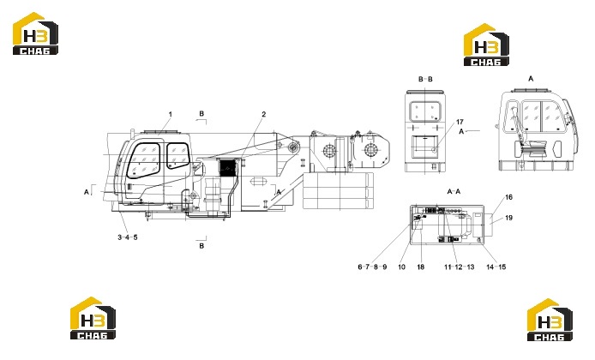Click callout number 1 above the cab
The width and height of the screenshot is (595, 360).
click(x=171, y=114)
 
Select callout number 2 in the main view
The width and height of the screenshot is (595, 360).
click(x=264, y=114)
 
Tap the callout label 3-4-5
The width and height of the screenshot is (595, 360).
click(x=128, y=237)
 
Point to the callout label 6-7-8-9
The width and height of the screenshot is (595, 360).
click(x=372, y=267)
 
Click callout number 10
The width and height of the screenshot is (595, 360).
click(x=401, y=267)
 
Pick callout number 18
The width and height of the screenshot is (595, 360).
click(x=420, y=267)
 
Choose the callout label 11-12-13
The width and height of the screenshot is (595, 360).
click(x=460, y=267)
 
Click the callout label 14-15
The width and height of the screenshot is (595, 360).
click(x=496, y=267)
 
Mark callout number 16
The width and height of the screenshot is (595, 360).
click(x=509, y=197)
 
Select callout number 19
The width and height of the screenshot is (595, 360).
click(x=509, y=218)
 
